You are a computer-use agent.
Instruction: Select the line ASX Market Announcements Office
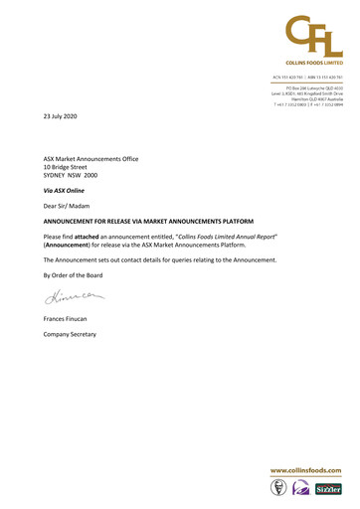pyautogui.click(x=90, y=159)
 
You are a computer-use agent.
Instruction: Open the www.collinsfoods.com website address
pyautogui.click(x=306, y=470)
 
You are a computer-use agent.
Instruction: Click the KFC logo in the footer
pyautogui.click(x=279, y=489)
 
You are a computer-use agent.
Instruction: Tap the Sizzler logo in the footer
pyautogui.click(x=329, y=490)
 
